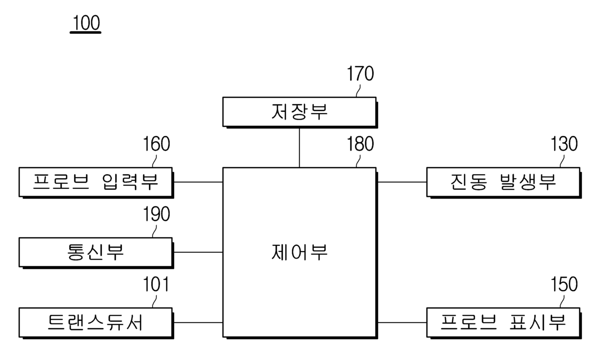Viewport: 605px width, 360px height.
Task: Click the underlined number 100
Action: pyautogui.click(x=85, y=23)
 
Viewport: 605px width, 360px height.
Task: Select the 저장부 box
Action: pyautogui.click(x=299, y=112)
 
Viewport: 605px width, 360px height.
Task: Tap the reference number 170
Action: pyautogui.click(x=360, y=74)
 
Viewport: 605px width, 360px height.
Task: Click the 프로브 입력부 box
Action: pyautogui.click(x=96, y=182)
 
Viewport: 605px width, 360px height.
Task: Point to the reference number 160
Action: pyautogui.click(x=156, y=144)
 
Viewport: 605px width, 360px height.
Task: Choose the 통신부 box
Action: pyautogui.click(x=96, y=252)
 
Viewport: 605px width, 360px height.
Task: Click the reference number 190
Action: pyautogui.click(x=156, y=215)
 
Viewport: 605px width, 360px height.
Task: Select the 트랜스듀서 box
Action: pyautogui.click(x=96, y=322)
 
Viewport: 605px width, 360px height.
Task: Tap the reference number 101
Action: pyautogui.click(x=156, y=285)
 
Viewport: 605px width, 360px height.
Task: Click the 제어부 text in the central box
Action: pyautogui.click(x=299, y=253)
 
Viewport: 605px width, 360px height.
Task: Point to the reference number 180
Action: pyautogui.click(x=360, y=144)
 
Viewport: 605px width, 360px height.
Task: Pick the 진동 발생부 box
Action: pyautogui.click(x=503, y=182)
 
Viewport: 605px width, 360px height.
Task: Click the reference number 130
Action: pyautogui.click(x=564, y=144)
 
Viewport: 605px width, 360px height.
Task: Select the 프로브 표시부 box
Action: pyautogui.click(x=503, y=322)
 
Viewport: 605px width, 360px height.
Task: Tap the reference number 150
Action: pyautogui.click(x=564, y=285)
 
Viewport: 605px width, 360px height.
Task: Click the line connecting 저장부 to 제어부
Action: pyautogui.click(x=299, y=147)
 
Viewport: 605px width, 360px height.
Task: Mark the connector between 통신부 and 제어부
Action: pyautogui.click(x=198, y=252)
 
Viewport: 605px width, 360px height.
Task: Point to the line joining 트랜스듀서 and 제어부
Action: pyautogui.click(x=198, y=322)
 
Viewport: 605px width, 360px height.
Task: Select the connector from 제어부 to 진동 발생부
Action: pyautogui.click(x=402, y=182)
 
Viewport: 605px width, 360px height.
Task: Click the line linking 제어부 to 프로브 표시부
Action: pyautogui.click(x=402, y=322)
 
